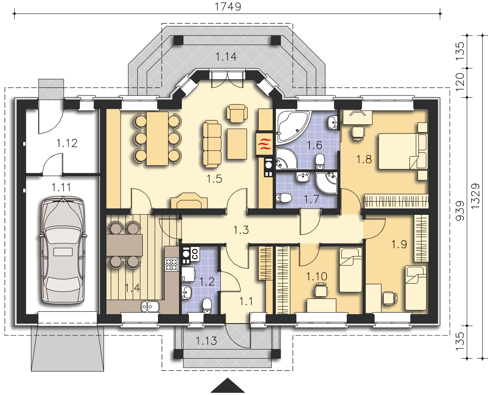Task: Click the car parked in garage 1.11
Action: (x=63, y=250)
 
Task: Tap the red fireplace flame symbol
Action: (x=264, y=144)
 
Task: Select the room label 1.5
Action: (x=214, y=179)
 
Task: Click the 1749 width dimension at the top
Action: (x=228, y=7)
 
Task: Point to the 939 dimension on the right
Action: (x=460, y=211)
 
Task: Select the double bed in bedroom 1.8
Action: (x=403, y=151)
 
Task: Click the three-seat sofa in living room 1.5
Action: (x=212, y=144)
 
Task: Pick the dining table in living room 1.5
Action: (x=157, y=139)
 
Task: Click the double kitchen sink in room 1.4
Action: (x=150, y=306)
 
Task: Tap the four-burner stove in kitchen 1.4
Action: (x=172, y=265)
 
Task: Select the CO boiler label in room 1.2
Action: (x=195, y=254)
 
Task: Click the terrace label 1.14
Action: (x=226, y=57)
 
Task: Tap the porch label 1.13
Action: (x=206, y=341)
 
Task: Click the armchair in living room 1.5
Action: (x=237, y=113)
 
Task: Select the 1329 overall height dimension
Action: (x=475, y=196)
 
